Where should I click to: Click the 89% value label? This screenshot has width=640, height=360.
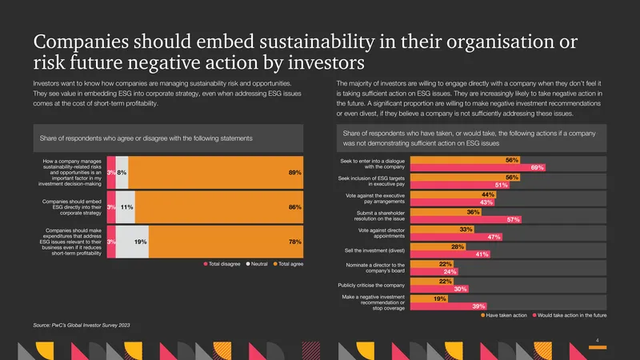[x=294, y=173]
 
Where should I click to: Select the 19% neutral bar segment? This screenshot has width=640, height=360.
[x=132, y=242]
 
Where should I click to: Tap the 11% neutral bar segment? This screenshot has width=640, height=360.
[x=126, y=207]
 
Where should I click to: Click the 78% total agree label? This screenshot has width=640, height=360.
[x=294, y=242]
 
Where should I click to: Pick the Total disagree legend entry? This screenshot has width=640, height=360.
[x=222, y=264]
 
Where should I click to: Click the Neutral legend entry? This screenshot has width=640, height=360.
[x=257, y=264]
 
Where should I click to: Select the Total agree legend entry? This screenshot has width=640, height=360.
[x=288, y=264]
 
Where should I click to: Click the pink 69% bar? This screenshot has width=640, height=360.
[x=478, y=168]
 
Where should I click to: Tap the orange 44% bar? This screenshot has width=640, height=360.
[x=453, y=194]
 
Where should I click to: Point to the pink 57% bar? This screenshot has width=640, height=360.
[x=466, y=219]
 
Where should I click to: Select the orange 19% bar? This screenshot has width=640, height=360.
[x=429, y=298]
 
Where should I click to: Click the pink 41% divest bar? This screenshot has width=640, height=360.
[x=450, y=254]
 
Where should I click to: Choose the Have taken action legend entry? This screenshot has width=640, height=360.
[x=504, y=315]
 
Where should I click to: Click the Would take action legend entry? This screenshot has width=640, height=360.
[x=570, y=315]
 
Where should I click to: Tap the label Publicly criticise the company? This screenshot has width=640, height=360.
[x=371, y=286]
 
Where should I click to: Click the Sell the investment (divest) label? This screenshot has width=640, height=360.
[x=374, y=250]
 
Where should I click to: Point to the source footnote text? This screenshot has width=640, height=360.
[x=82, y=326]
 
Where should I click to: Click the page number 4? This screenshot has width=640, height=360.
[x=597, y=341]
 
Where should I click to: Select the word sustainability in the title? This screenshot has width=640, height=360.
[x=317, y=42]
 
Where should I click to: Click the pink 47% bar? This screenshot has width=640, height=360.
[x=456, y=237]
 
